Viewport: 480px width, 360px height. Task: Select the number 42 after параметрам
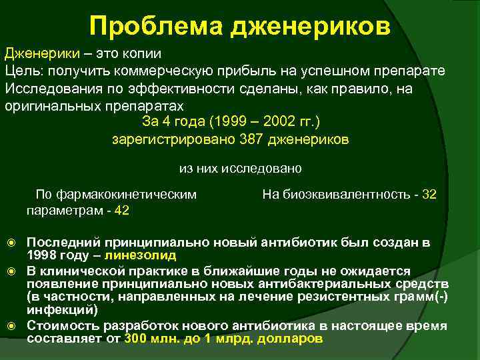pos(122,210)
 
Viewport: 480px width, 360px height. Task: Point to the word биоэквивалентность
pos(349,195)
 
